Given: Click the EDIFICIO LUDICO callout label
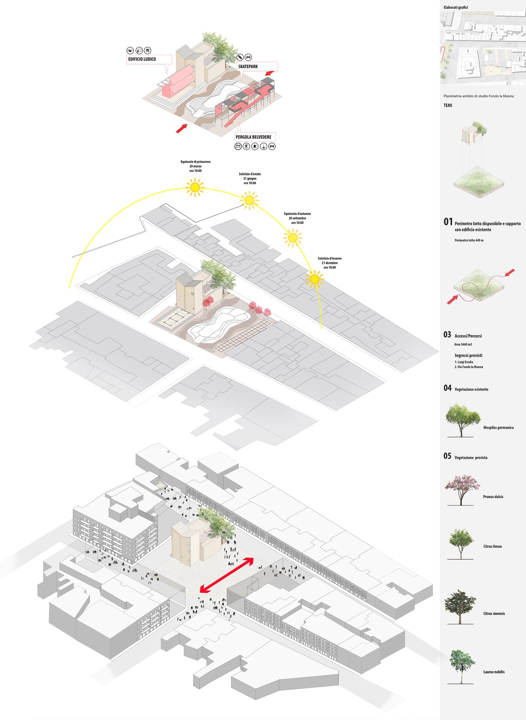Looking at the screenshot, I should coord(142,59).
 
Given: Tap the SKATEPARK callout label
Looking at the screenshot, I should coord(248,66).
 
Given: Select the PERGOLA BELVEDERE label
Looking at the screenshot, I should coord(254,137).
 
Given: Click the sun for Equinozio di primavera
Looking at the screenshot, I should coord(195,187).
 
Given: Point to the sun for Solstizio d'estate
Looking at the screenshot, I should coord(249,200).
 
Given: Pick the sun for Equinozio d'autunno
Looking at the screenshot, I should coord(292,238).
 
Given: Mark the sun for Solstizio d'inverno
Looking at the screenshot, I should coord(314,279).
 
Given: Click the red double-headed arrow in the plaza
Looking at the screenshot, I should coord(227,575).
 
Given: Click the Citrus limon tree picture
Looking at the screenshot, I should coord(461,543).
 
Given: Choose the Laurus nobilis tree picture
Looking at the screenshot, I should coord(461,666).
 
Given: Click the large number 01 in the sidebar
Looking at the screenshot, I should coord(448,222).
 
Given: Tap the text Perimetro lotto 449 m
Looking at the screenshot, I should coord(469,240).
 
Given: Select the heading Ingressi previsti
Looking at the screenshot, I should coord(468,355).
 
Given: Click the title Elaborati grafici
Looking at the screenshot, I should coord(455,7).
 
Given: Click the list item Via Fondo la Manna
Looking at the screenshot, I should coord(469,367).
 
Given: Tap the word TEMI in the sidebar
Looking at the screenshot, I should coord(448,105).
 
